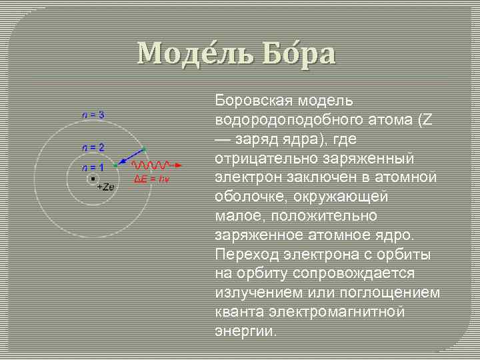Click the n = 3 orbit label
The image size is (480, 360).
(x=93, y=115)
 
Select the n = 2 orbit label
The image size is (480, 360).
(x=93, y=147)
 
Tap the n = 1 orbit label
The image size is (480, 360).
(x=93, y=167)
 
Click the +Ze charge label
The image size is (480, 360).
(x=105, y=187)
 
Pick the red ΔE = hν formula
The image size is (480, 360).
(x=153, y=179)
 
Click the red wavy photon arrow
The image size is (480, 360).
(x=155, y=164)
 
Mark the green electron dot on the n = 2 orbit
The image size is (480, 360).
(x=115, y=164)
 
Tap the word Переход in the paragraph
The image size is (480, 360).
(x=245, y=255)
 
